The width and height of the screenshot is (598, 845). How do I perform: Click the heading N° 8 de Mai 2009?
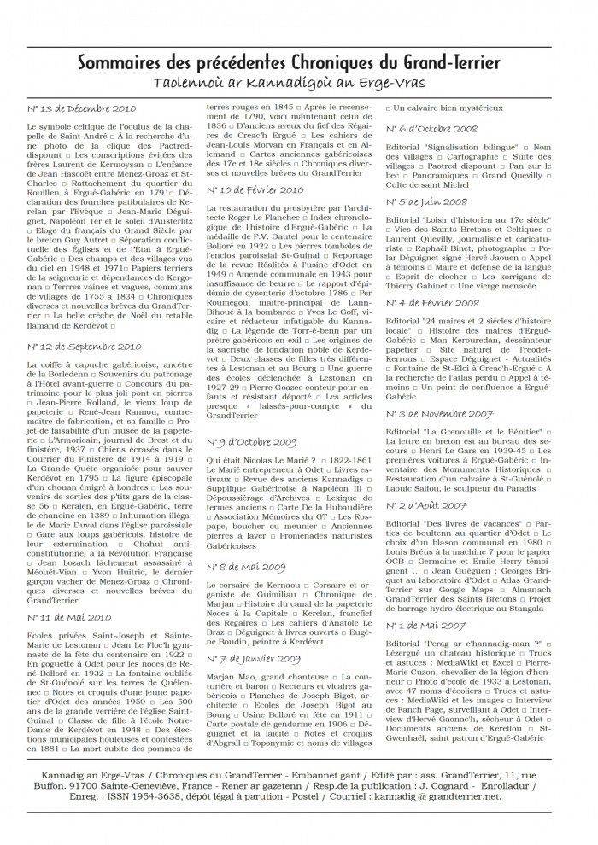[246, 566]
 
